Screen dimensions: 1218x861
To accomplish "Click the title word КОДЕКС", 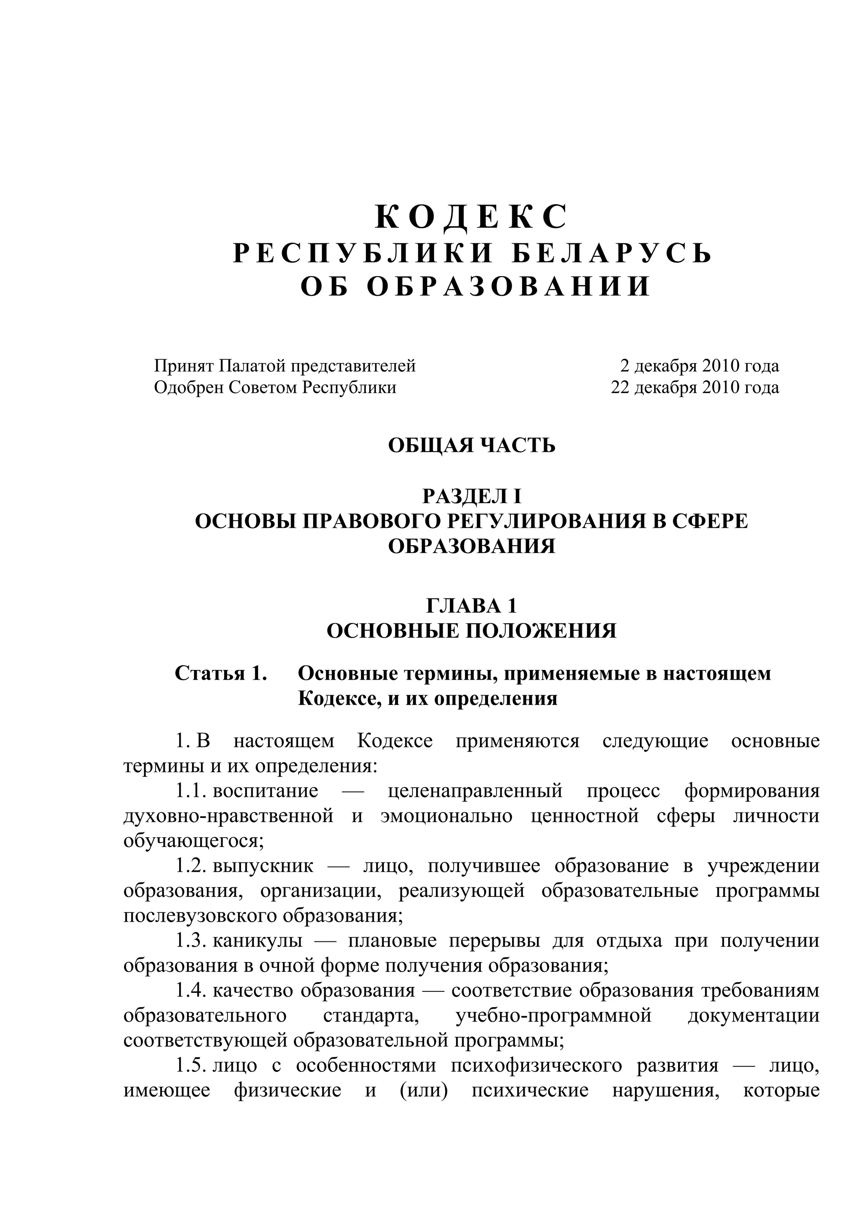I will pyautogui.click(x=471, y=218).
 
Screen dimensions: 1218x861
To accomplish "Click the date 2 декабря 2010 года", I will pyautogui.click(x=699, y=366).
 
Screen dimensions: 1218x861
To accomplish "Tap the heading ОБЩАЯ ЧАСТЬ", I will pyautogui.click(x=471, y=445).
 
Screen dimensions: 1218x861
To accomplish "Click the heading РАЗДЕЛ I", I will pyautogui.click(x=471, y=496).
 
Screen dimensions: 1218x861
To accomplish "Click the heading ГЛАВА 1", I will pyautogui.click(x=471, y=605).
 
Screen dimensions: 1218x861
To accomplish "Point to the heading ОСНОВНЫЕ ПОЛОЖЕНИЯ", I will pyautogui.click(x=471, y=631).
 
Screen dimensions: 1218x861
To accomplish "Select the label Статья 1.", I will pyautogui.click(x=220, y=673).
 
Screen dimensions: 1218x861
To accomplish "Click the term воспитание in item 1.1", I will pyautogui.click(x=265, y=791).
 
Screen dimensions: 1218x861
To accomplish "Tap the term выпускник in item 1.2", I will pyautogui.click(x=263, y=866).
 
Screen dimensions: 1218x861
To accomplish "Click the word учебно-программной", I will pyautogui.click(x=553, y=1015).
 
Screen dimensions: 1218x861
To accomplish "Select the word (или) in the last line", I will pyautogui.click(x=422, y=1090).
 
